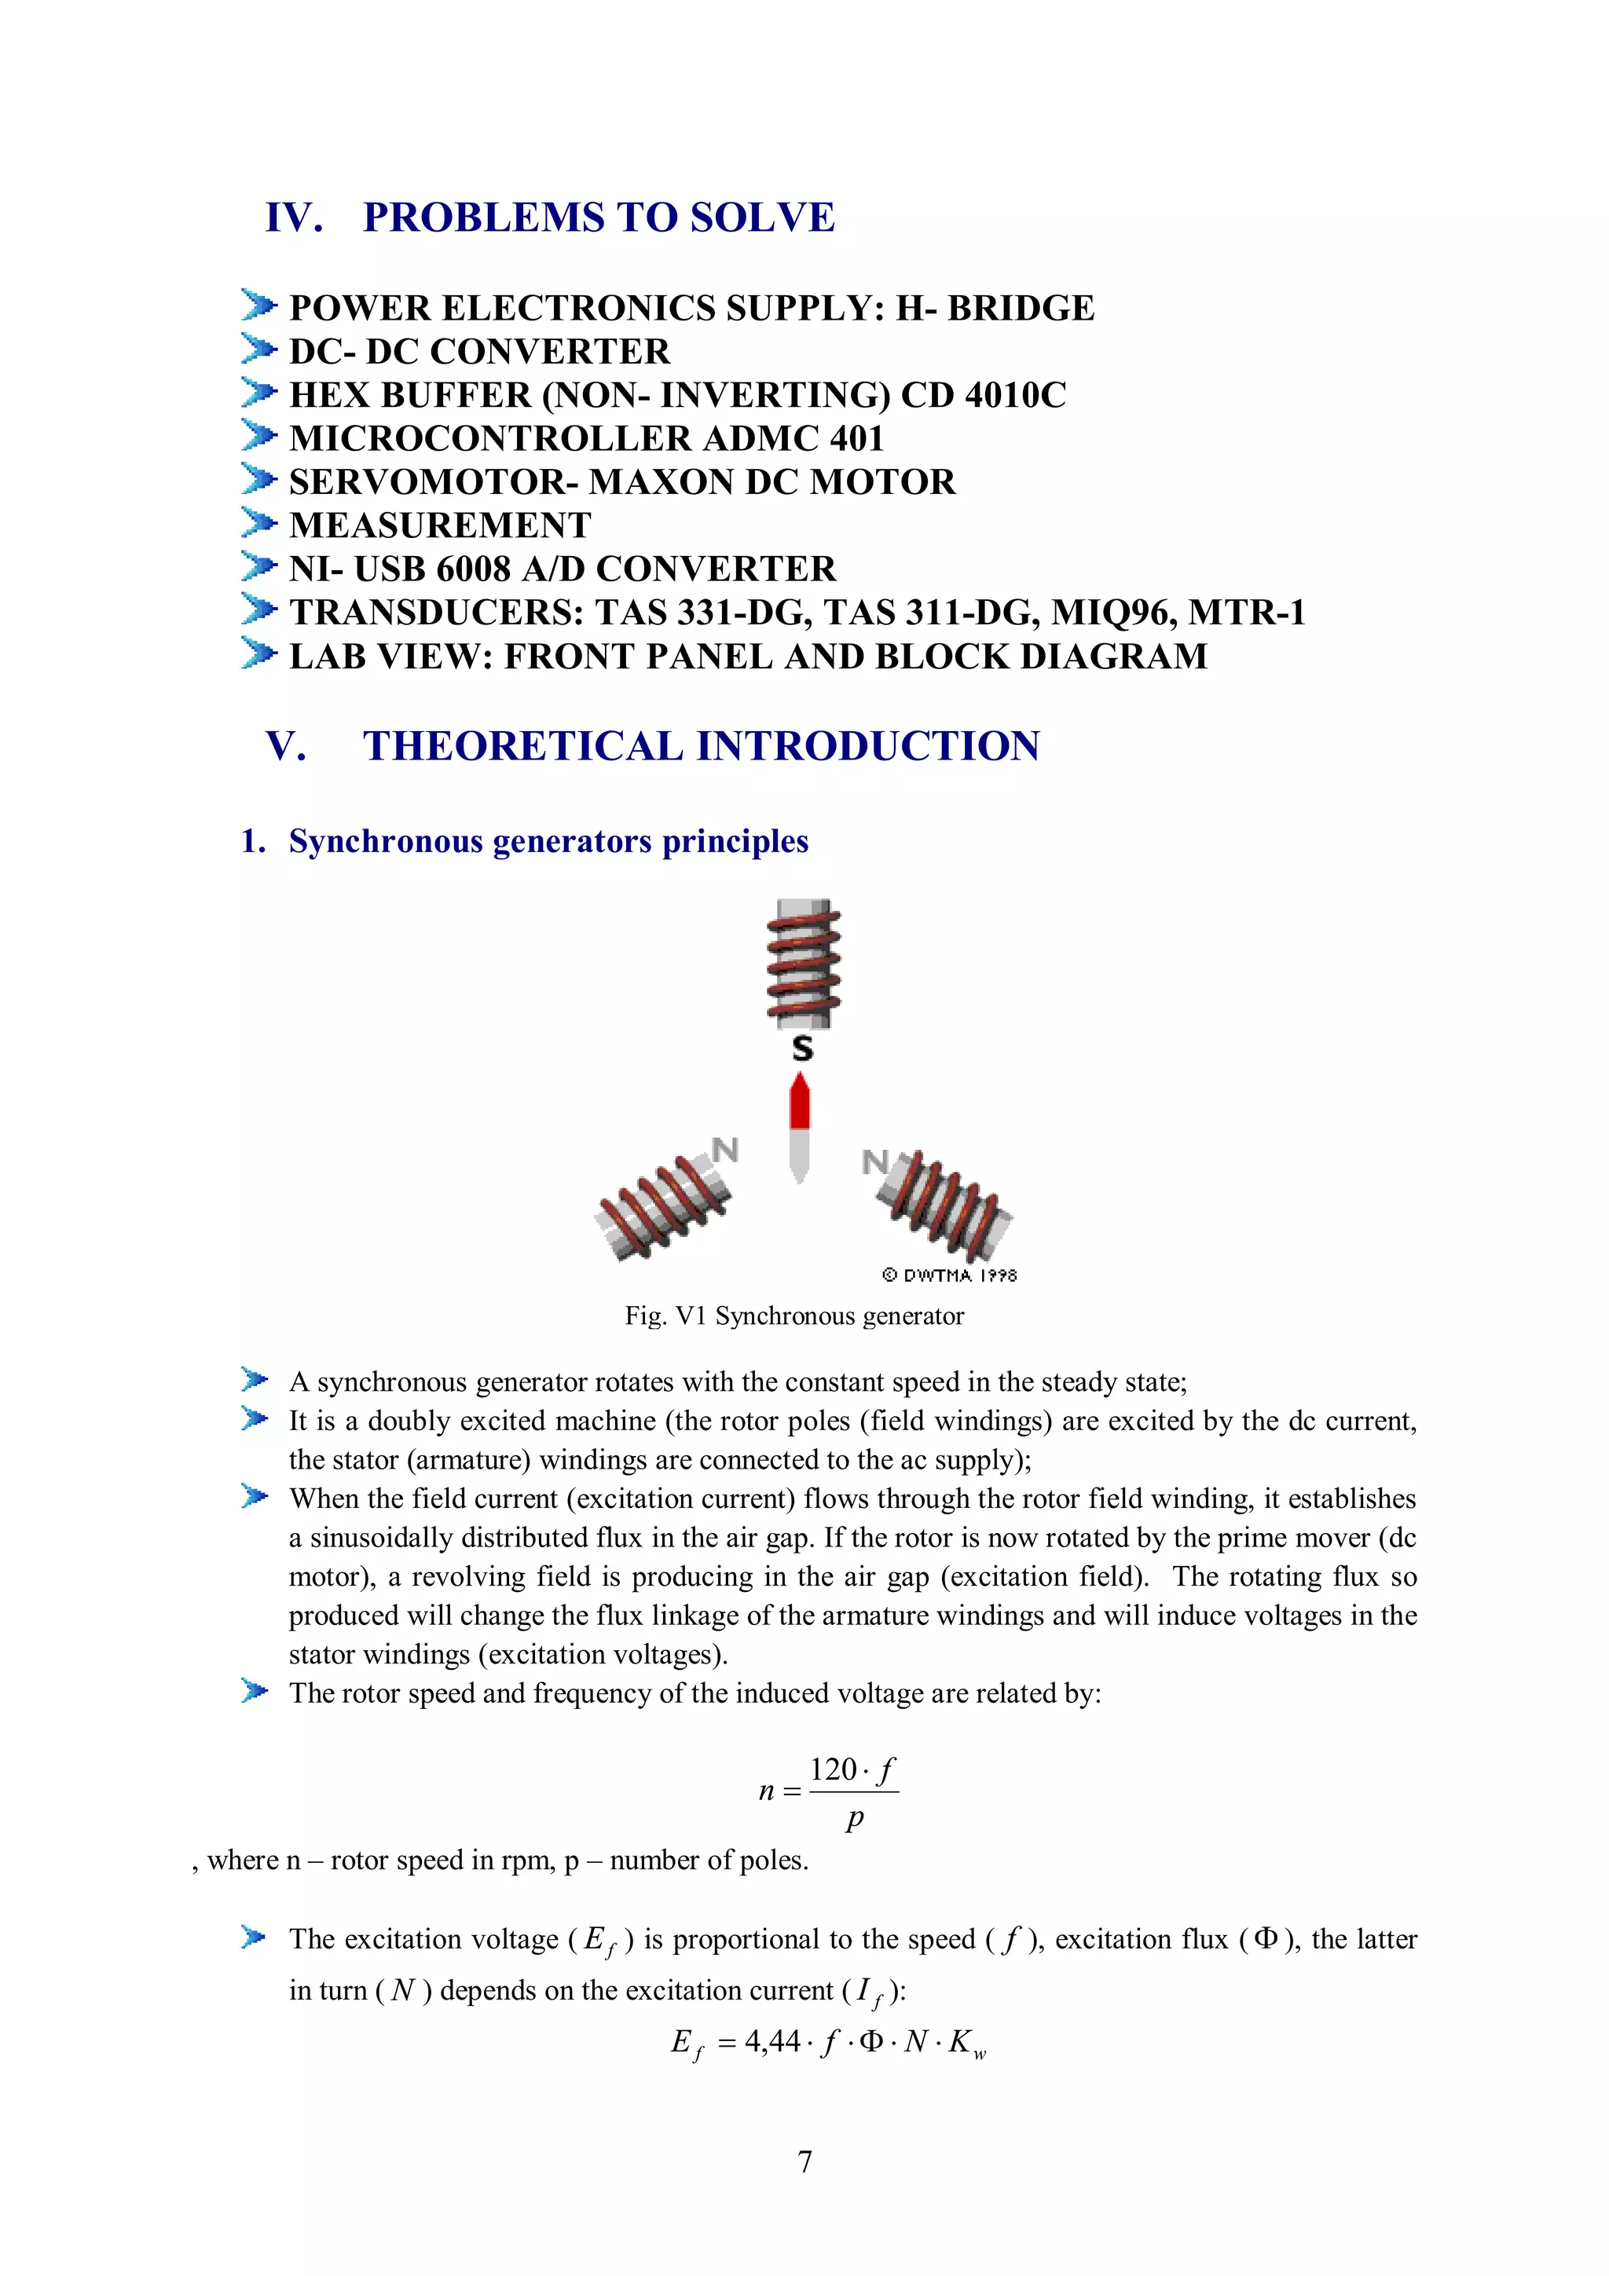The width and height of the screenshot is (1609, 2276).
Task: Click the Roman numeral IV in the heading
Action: tap(294, 217)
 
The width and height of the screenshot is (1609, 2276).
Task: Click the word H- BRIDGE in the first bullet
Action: tap(995, 309)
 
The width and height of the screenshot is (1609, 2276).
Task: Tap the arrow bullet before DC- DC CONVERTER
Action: tap(258, 350)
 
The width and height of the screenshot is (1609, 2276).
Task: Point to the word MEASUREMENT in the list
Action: tap(439, 525)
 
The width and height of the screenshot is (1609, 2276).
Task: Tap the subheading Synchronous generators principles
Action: tap(548, 842)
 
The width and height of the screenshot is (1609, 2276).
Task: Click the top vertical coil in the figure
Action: tap(803, 964)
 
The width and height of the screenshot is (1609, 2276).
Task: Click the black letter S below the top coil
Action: tap(802, 1048)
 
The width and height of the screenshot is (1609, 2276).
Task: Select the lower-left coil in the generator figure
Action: tap(662, 1206)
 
